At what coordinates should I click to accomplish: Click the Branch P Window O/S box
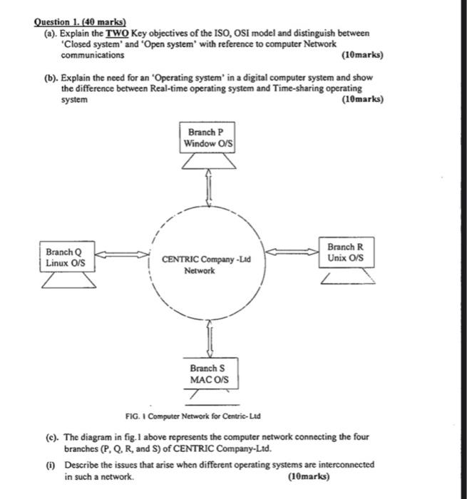pos(209,138)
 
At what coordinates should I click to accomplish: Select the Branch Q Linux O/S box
pos(64,257)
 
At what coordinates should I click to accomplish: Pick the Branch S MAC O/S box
pos(209,374)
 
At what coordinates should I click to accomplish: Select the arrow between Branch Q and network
pos(122,254)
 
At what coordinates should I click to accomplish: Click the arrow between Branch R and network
pos(293,250)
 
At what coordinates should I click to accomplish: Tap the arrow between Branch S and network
pos(209,337)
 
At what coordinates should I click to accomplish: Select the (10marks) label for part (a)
pos(362,55)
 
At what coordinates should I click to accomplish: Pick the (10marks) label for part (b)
pos(362,100)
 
